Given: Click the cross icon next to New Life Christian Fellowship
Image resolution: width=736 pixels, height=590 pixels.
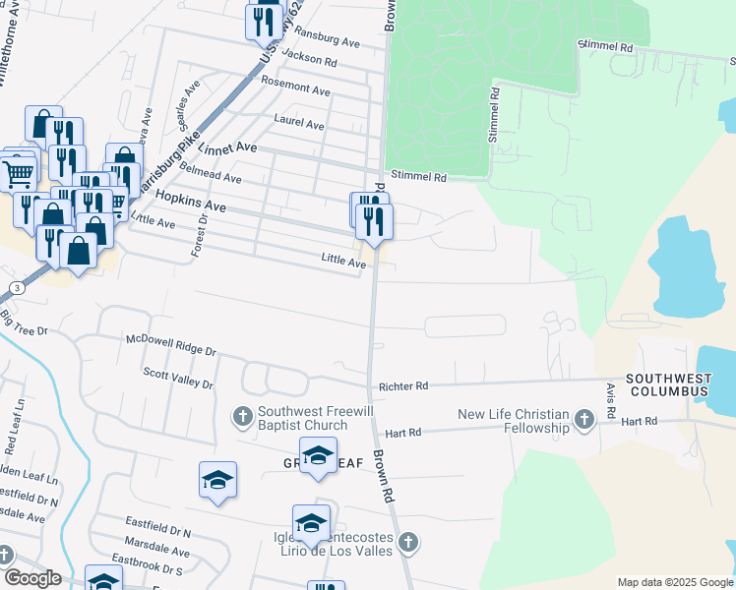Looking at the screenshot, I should [x=584, y=421].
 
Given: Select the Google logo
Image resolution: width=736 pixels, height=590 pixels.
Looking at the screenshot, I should [x=31, y=578].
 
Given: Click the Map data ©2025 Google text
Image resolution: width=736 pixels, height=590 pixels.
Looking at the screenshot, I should [x=675, y=582].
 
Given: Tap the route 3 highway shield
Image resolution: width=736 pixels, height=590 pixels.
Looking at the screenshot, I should [x=17, y=287].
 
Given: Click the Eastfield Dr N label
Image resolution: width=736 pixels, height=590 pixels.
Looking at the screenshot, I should [x=157, y=522].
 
